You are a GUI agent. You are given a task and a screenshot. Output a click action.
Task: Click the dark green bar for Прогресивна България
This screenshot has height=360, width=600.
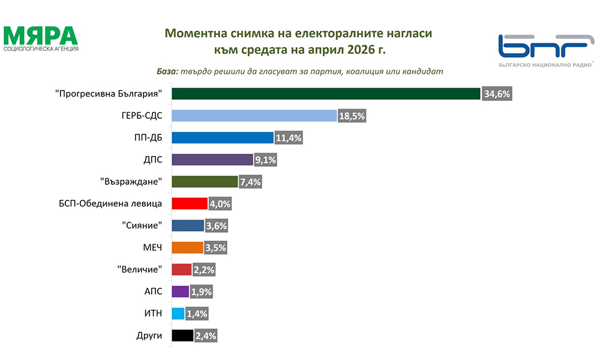point(326,94)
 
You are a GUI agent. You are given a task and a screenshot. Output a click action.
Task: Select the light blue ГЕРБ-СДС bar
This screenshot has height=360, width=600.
point(254,116)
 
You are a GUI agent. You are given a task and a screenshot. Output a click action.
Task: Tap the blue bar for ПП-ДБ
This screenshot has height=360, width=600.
point(223,138)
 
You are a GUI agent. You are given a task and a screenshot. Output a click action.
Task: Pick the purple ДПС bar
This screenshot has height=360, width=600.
point(212,160)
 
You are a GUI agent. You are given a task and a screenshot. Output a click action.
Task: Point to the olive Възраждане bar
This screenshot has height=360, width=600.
point(205,182)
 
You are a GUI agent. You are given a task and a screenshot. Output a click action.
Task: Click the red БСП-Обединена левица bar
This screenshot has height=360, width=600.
point(190,203)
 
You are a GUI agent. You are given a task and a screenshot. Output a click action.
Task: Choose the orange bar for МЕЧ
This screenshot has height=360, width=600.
point(187,248)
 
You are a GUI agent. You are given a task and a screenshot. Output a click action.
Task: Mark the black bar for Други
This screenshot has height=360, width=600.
point(182,335)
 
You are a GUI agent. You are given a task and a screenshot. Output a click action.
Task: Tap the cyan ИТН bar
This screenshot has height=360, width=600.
point(178,314)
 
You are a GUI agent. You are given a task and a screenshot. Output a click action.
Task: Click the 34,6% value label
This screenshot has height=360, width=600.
point(497,94)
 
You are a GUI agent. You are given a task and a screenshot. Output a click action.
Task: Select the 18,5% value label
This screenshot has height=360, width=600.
point(352,116)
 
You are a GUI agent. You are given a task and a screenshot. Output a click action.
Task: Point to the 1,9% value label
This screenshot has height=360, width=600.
point(201,292)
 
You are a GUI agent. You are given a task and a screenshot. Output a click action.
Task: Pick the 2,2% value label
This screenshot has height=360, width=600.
point(204,270)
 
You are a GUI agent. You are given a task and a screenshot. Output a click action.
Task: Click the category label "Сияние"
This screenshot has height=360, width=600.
point(142,226)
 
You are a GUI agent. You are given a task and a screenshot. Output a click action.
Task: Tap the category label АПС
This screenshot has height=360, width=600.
point(153,292)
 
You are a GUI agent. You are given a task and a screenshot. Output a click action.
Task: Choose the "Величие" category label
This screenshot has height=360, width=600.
point(139,269)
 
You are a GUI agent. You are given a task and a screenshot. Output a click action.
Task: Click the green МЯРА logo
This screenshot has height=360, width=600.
point(41,38)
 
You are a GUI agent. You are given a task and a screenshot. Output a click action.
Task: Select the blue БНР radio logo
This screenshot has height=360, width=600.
point(546,50)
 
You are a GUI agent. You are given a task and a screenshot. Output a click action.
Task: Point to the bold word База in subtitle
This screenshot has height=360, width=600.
point(167,71)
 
